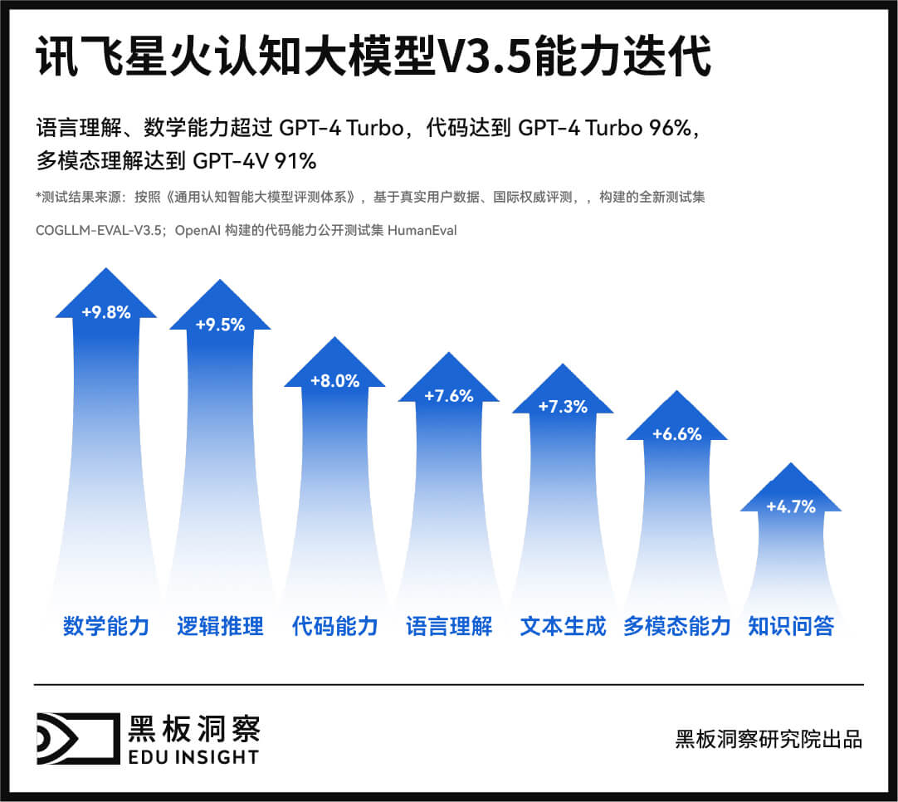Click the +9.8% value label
coord(106,313)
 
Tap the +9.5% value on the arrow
coord(220,325)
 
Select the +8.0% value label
coord(334,381)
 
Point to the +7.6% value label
coord(449,396)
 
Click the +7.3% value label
coord(563,407)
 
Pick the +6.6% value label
coord(677,434)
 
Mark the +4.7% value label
coord(791,506)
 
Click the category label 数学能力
coord(106,626)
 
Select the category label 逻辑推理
coord(220,626)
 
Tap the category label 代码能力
coord(334,626)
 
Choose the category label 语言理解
coord(449,626)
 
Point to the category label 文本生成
coord(563,626)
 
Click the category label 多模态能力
coord(677,626)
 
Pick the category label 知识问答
coord(791,626)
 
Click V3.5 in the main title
coord(485,58)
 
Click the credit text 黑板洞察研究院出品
coord(769,738)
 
